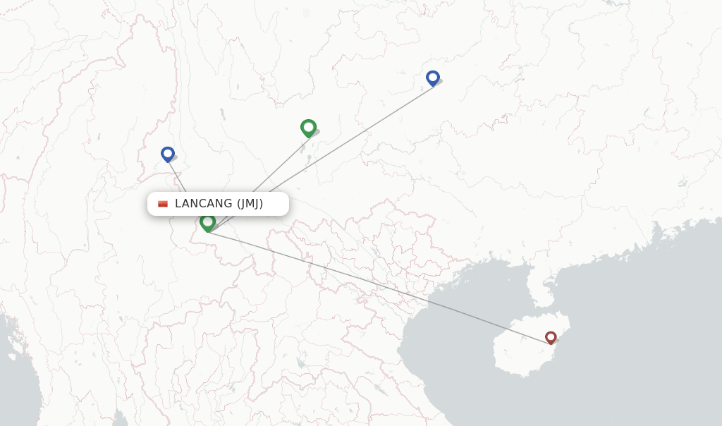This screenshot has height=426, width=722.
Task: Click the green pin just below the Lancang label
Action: point(207,222)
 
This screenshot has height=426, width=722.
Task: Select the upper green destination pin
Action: point(308,128)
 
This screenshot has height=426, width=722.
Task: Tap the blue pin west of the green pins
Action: point(167,154)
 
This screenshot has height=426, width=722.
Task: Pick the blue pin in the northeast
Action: point(433,78)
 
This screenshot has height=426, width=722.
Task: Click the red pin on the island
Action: point(551,338)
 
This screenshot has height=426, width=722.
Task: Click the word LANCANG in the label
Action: point(203,204)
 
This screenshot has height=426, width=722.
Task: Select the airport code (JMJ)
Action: point(250,204)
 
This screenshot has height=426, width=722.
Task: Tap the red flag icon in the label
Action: point(163,204)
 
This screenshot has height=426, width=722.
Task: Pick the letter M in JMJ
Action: point(249,204)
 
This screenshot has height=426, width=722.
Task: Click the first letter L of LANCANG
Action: point(178,204)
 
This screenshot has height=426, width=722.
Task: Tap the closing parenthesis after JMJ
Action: point(261,204)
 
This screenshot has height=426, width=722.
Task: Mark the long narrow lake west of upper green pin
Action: point(222,114)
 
